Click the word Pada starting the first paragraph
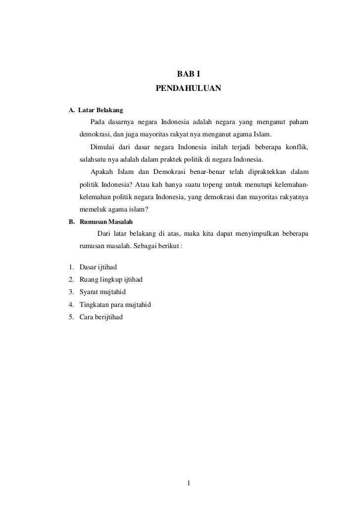(97, 122)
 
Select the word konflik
(297, 148)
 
